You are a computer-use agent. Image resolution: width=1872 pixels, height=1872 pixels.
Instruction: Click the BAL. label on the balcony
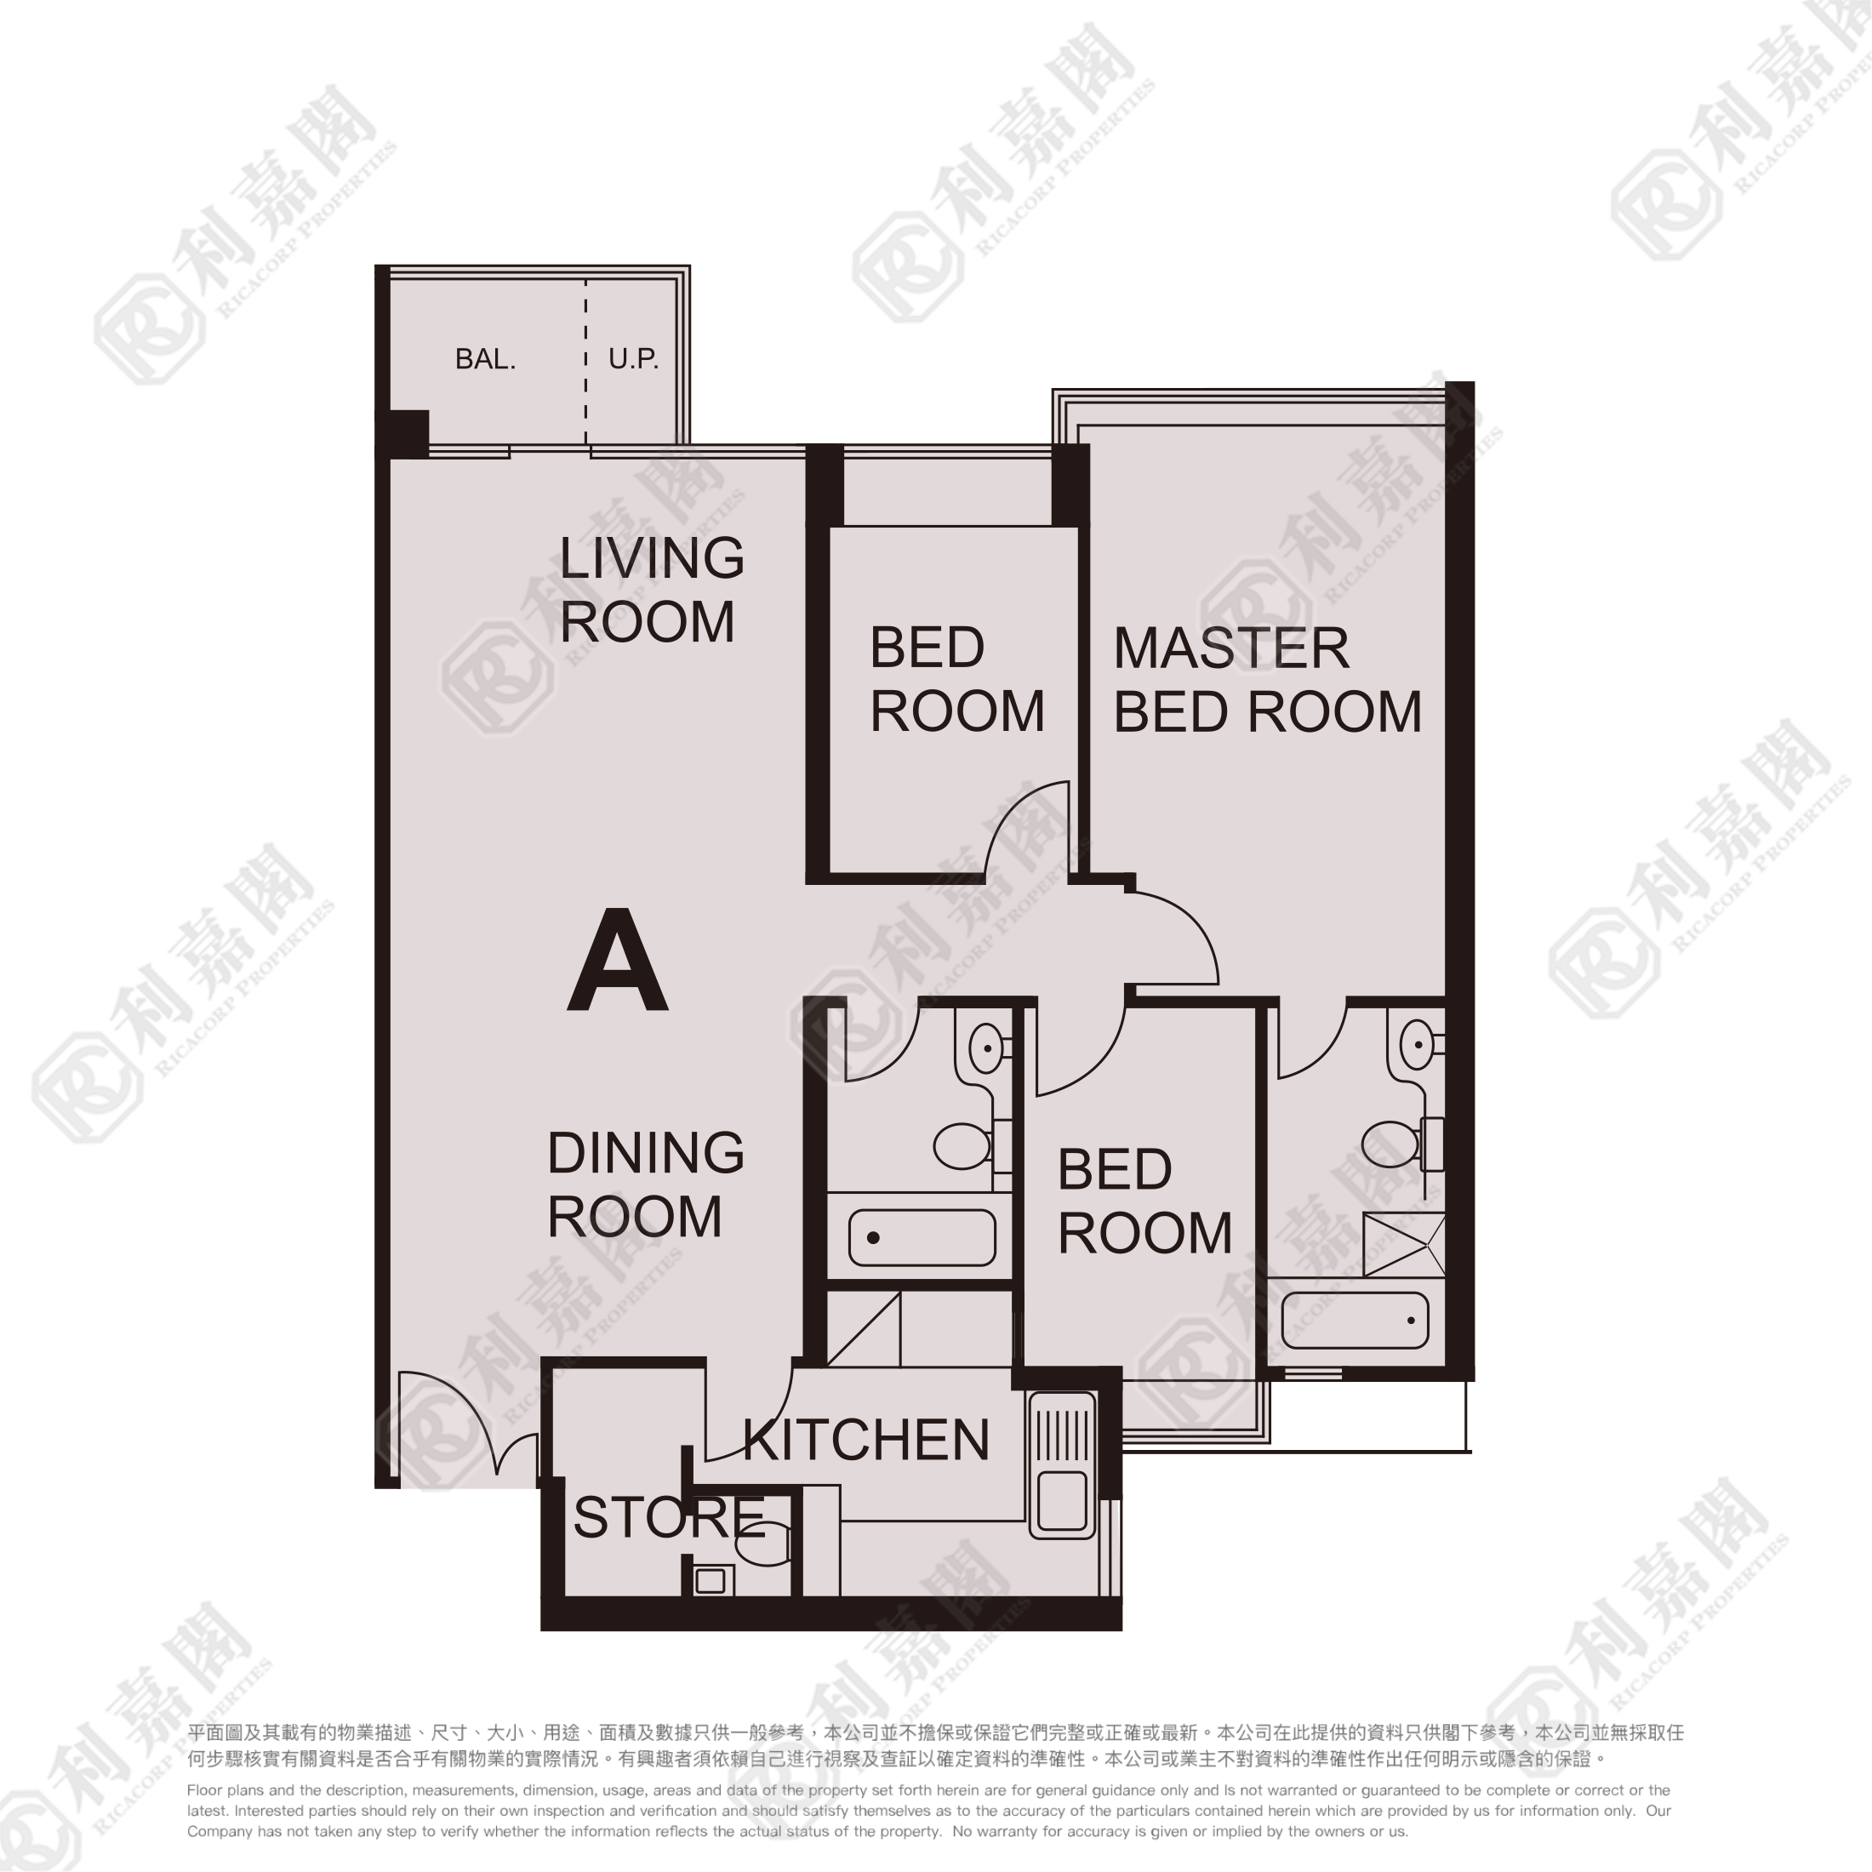click(485, 359)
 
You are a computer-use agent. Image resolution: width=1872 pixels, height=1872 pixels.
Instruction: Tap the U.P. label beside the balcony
click(634, 359)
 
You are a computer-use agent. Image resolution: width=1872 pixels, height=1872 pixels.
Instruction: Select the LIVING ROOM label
click(652, 589)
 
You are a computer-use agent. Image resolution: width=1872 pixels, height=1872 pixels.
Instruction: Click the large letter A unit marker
click(617, 960)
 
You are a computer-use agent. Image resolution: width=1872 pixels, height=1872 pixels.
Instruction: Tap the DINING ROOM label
click(645, 1184)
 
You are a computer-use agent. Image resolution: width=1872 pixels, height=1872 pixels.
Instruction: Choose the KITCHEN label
click(866, 1440)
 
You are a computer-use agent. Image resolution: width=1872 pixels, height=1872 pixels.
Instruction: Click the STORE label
click(670, 1517)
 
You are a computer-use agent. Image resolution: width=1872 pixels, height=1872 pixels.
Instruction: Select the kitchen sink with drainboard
click(1062, 1466)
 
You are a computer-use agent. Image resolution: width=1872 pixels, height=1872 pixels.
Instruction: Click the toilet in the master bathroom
click(1403, 1144)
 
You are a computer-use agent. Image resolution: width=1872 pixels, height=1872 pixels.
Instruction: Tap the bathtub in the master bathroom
click(1355, 1320)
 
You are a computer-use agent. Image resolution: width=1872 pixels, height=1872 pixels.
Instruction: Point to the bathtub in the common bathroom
click(922, 1237)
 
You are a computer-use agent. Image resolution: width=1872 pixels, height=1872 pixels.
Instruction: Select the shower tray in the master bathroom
click(1404, 1244)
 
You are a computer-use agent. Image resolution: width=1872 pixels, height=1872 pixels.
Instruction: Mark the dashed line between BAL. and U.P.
click(585, 362)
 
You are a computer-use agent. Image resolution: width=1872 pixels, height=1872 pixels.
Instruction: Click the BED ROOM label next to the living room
click(956, 679)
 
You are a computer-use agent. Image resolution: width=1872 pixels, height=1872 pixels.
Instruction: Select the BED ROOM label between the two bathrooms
click(1144, 1201)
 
